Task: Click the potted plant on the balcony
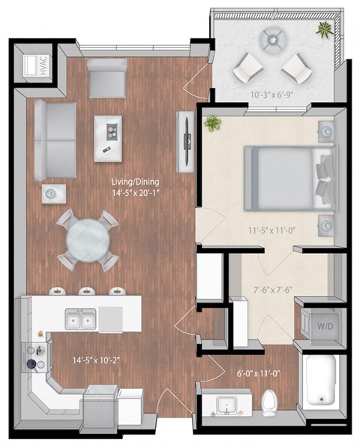(324, 30)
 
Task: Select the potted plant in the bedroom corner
(212, 122)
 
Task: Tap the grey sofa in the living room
(54, 140)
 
